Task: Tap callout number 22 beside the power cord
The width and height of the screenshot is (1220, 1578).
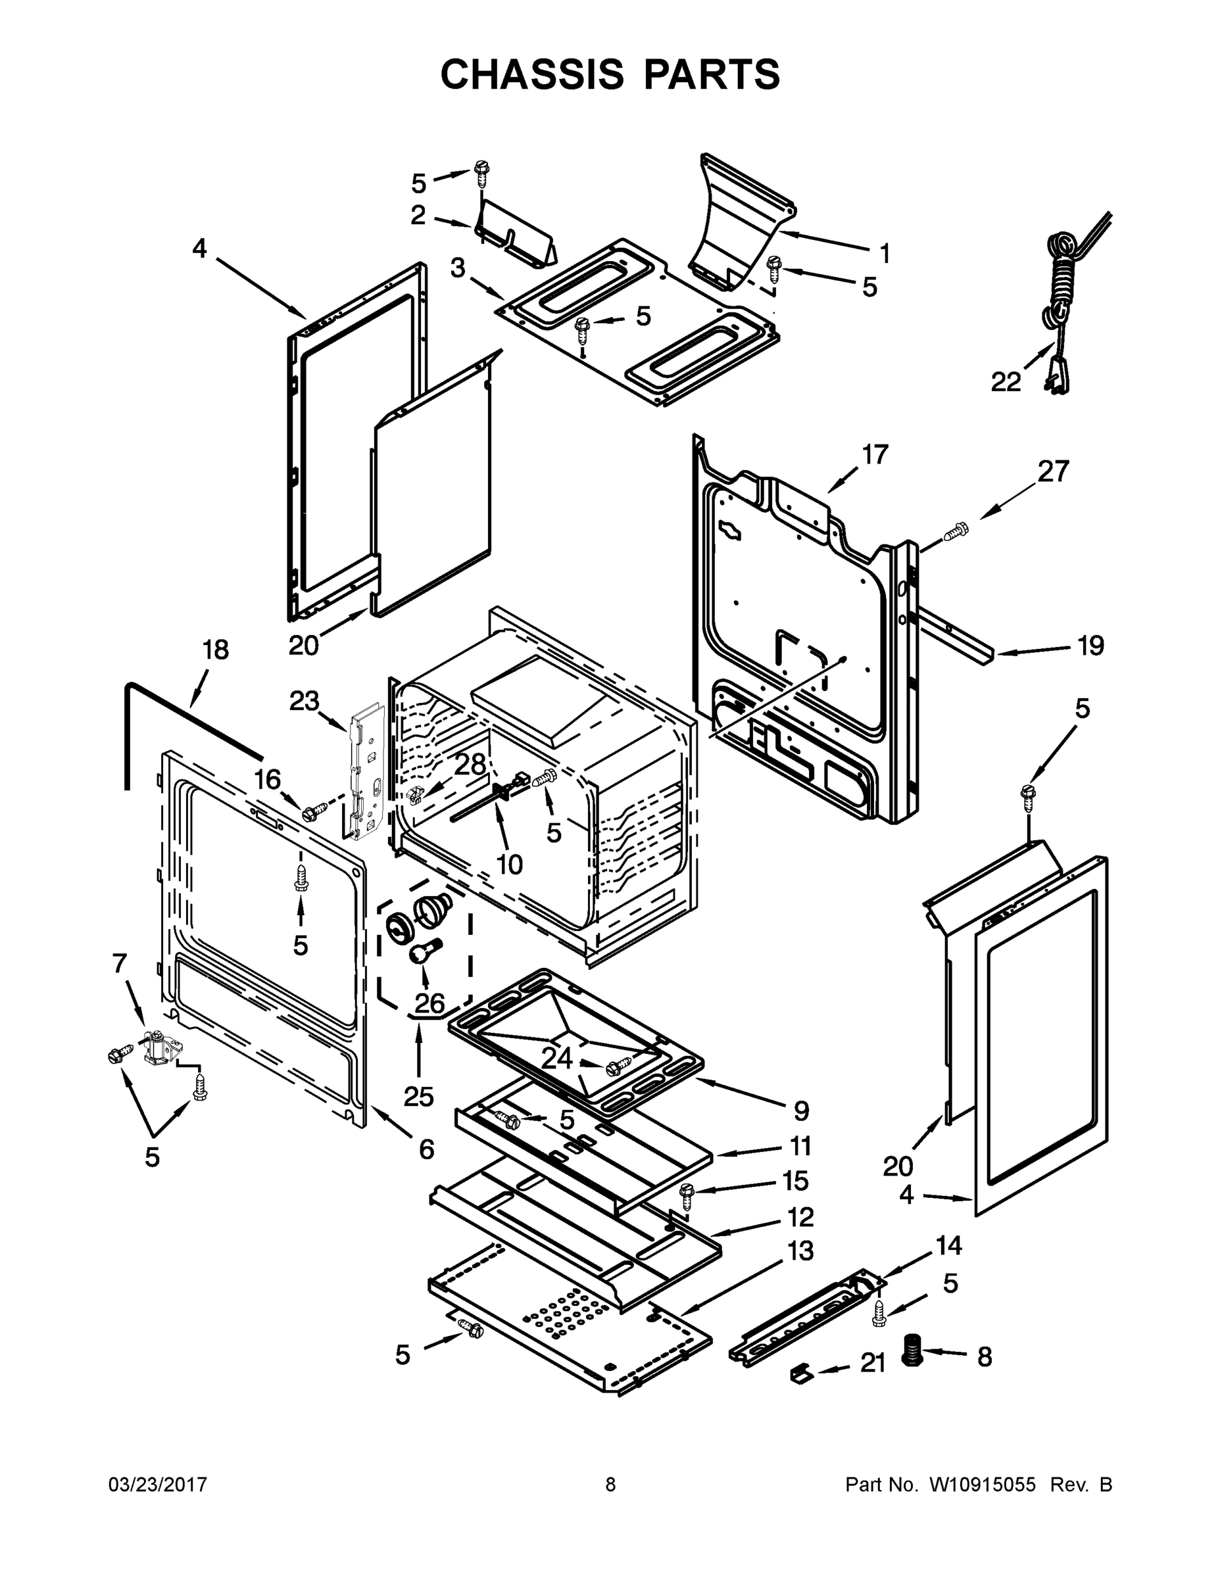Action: (x=1006, y=381)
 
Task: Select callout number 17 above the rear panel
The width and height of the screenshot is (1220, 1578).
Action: (x=875, y=455)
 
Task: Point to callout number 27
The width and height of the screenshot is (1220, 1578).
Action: (x=1053, y=471)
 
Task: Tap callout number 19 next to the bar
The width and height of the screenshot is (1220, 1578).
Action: (x=1090, y=645)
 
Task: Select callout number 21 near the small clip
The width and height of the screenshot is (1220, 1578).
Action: (x=873, y=1363)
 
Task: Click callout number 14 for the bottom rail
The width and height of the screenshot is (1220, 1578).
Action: (x=949, y=1246)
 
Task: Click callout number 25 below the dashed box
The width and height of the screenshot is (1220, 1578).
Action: (x=418, y=1096)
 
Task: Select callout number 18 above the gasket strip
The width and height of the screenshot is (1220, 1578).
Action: (x=215, y=650)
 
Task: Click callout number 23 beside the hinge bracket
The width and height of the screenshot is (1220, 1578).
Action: (x=305, y=700)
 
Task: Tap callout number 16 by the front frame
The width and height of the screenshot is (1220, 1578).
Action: (x=267, y=780)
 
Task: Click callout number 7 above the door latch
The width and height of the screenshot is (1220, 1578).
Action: (x=119, y=963)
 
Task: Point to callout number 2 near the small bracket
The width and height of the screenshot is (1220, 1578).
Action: (x=418, y=214)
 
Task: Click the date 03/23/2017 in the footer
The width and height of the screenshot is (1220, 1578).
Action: (x=158, y=1485)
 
